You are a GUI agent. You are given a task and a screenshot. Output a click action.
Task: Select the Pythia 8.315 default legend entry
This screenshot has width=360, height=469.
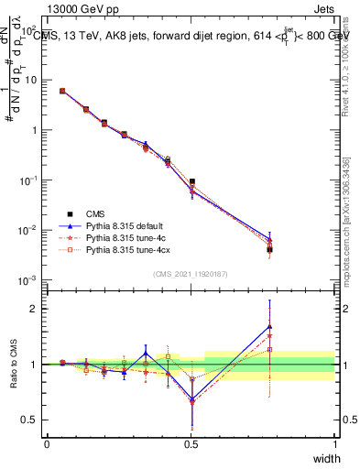[125, 225]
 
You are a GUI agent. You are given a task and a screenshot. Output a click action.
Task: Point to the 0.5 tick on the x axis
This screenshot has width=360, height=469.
[191, 443]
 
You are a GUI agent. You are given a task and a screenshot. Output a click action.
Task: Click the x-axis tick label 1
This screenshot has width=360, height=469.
[335, 443]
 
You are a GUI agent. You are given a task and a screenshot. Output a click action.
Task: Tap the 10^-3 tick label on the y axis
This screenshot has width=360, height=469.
[29, 280]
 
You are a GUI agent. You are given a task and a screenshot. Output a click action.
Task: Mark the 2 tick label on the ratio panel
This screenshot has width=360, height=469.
[36, 309]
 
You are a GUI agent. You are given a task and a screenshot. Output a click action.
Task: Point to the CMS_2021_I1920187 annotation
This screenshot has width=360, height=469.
[191, 274]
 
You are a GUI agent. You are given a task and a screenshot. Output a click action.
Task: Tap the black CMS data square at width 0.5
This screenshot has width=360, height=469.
[191, 182]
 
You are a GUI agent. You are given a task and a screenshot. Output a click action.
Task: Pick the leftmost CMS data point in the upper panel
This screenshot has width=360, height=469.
[62, 91]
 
